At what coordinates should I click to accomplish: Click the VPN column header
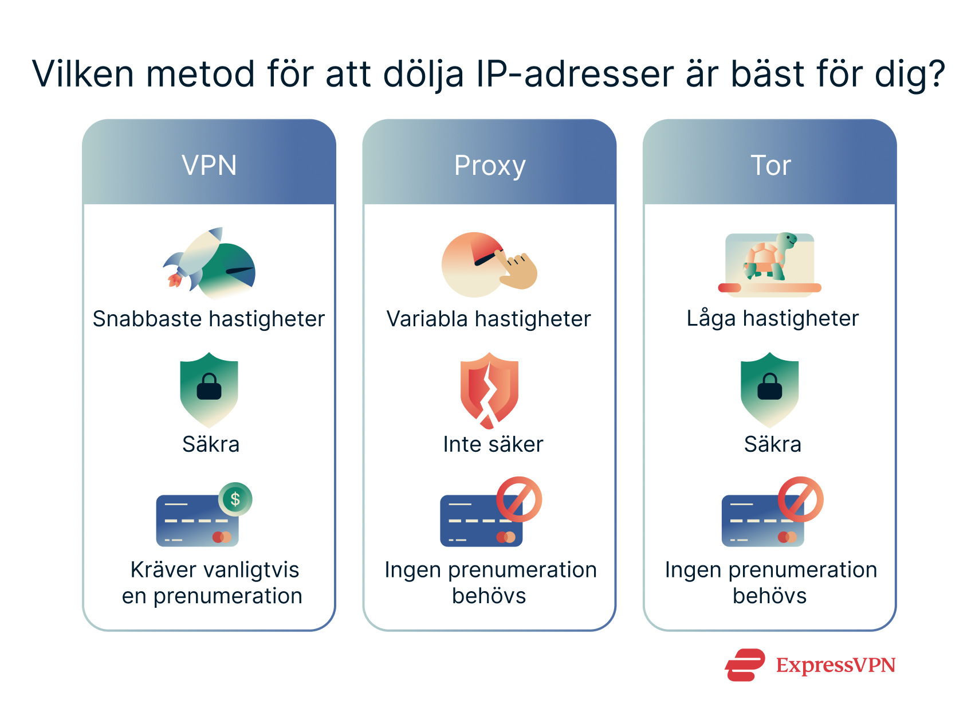point(209,165)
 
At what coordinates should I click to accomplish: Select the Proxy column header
point(489,165)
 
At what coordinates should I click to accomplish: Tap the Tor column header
point(770,165)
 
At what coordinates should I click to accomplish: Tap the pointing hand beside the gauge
point(518,271)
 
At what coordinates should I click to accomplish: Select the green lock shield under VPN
point(209,389)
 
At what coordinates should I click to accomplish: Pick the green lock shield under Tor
point(769,389)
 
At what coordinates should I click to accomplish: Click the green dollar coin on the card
point(235,499)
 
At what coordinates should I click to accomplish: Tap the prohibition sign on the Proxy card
point(519,499)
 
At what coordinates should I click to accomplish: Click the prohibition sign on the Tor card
point(800,499)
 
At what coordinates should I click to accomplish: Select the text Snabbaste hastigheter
point(209,319)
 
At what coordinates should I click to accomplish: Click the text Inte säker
point(493,444)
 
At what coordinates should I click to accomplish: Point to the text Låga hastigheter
point(772,318)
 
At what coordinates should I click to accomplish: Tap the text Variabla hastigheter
point(489,319)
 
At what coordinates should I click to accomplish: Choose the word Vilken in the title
point(83,74)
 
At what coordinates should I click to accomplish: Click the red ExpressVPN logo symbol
point(745,665)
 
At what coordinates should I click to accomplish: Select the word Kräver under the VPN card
point(163,570)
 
